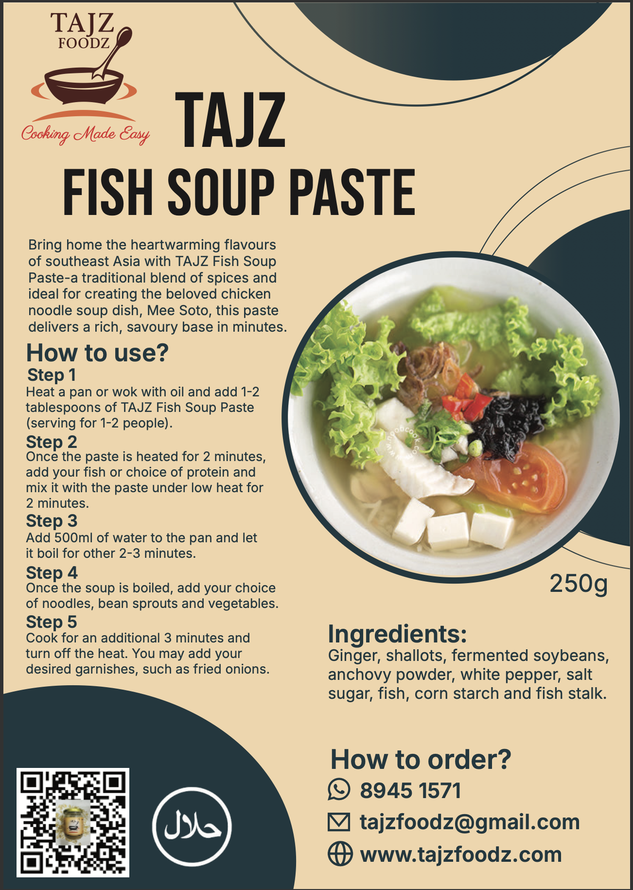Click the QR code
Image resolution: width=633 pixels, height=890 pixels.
[x=73, y=823]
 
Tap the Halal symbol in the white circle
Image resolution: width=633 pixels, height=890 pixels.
[x=192, y=827]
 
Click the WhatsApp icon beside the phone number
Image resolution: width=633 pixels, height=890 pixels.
[x=339, y=790]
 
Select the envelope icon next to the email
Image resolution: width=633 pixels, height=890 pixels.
[x=339, y=822]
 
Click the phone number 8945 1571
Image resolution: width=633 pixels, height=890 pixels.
[x=410, y=791]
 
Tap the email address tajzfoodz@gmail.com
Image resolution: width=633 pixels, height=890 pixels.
[x=470, y=822]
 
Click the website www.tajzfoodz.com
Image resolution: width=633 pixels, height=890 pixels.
[x=461, y=855]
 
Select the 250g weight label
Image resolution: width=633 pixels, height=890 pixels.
[x=579, y=584]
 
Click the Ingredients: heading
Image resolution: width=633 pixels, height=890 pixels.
[x=397, y=635]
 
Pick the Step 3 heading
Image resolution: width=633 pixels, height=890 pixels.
[x=52, y=521]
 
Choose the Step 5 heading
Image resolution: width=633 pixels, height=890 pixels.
[x=52, y=623]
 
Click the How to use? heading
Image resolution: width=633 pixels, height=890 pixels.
[x=97, y=354]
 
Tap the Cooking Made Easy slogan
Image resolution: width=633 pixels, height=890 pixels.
[x=85, y=134]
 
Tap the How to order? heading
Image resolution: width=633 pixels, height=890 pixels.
[x=421, y=760]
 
